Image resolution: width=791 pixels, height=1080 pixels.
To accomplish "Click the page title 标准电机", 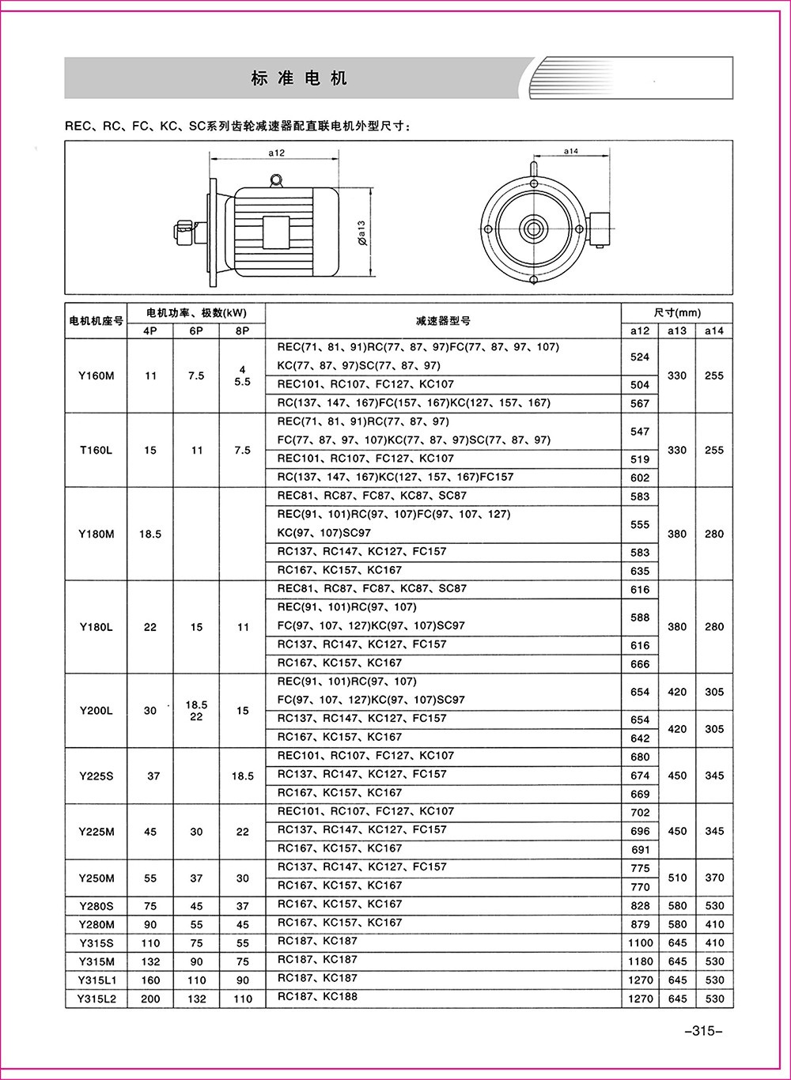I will point(299,78).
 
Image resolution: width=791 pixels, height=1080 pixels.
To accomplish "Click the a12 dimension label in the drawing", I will point(276,153).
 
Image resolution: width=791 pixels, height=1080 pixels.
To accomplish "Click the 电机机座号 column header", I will point(97,321).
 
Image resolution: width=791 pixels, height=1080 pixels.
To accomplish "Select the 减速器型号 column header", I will point(443,321).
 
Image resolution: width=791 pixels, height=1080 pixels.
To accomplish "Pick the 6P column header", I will point(196,331).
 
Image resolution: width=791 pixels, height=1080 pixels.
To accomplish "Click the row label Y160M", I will point(97,376).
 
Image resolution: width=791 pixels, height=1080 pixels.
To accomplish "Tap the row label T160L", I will point(97,450).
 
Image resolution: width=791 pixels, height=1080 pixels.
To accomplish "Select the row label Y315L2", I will point(97,999).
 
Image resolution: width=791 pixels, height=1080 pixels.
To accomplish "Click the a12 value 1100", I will point(640,943).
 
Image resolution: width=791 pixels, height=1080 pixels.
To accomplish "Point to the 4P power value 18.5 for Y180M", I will point(150,534).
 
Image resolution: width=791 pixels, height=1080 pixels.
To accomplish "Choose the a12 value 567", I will point(640,403).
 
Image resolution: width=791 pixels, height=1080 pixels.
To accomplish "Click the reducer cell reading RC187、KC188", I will point(317,997).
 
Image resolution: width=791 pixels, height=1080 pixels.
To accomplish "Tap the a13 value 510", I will point(677,878).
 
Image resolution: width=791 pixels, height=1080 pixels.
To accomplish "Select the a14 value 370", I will point(714,878).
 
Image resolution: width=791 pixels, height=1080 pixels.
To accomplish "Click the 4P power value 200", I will point(150,999).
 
